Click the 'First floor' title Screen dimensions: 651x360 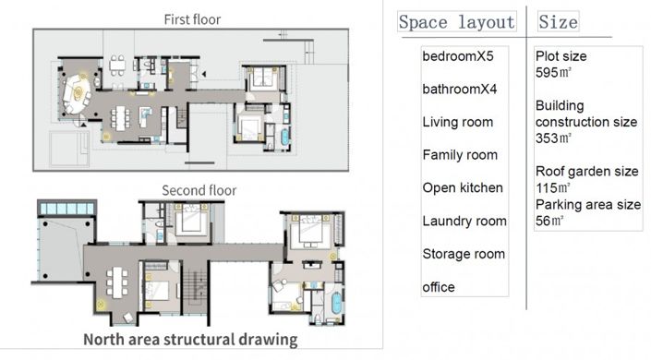(x=192, y=19)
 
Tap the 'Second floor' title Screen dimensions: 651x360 (x=199, y=190)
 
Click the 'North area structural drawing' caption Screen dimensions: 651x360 (x=190, y=340)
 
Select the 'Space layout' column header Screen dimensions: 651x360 (x=457, y=21)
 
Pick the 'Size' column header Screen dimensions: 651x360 (x=558, y=21)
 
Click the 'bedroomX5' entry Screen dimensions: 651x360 (x=458, y=56)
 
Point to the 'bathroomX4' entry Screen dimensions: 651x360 (x=460, y=89)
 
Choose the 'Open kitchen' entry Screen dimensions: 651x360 (x=463, y=187)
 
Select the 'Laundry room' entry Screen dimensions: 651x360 (x=464, y=221)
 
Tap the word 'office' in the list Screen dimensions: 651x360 (x=439, y=287)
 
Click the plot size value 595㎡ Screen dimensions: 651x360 (x=553, y=73)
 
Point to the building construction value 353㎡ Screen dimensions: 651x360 (x=553, y=138)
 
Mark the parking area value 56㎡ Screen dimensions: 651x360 (x=549, y=221)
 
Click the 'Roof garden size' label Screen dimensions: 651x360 (x=586, y=171)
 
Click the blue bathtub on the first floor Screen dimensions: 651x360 (x=285, y=138)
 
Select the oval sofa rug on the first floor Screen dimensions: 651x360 (x=78, y=93)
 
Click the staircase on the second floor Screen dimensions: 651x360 (x=195, y=286)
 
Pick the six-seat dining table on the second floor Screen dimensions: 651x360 (x=117, y=282)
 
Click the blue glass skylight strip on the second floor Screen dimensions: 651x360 (x=67, y=208)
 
